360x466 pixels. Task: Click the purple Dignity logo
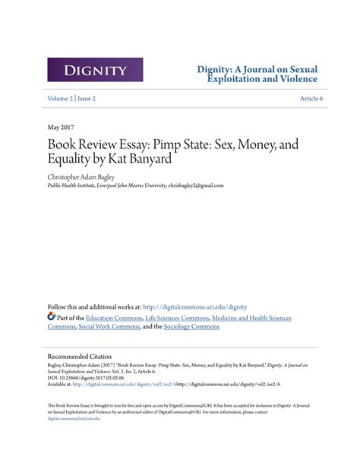(95, 70)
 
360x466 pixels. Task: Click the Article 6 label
(311, 98)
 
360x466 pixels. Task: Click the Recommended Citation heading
(80, 356)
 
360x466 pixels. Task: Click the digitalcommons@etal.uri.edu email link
(75, 418)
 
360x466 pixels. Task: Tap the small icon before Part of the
(52, 316)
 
